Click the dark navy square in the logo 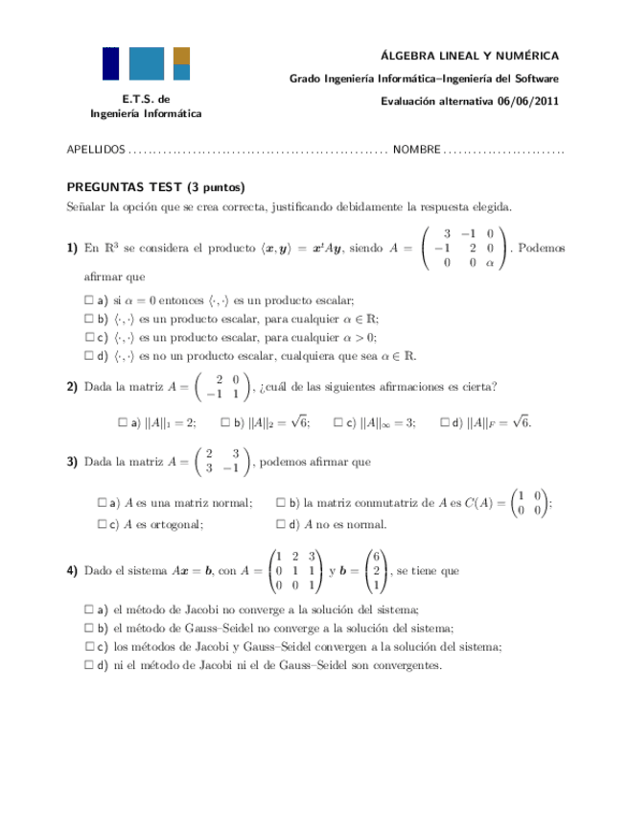tap(111, 62)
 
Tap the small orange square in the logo tap(181, 56)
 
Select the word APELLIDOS tap(95, 151)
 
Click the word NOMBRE tap(416, 151)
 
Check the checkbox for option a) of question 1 tap(89, 299)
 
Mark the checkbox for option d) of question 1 tap(89, 354)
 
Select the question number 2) tap(72, 387)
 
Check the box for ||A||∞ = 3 tap(338, 421)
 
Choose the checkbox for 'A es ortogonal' tap(103, 524)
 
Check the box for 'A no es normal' tap(280, 524)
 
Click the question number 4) tap(72, 570)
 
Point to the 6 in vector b tap(378, 556)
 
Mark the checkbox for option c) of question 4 tap(89, 646)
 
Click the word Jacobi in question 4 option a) tap(188, 610)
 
